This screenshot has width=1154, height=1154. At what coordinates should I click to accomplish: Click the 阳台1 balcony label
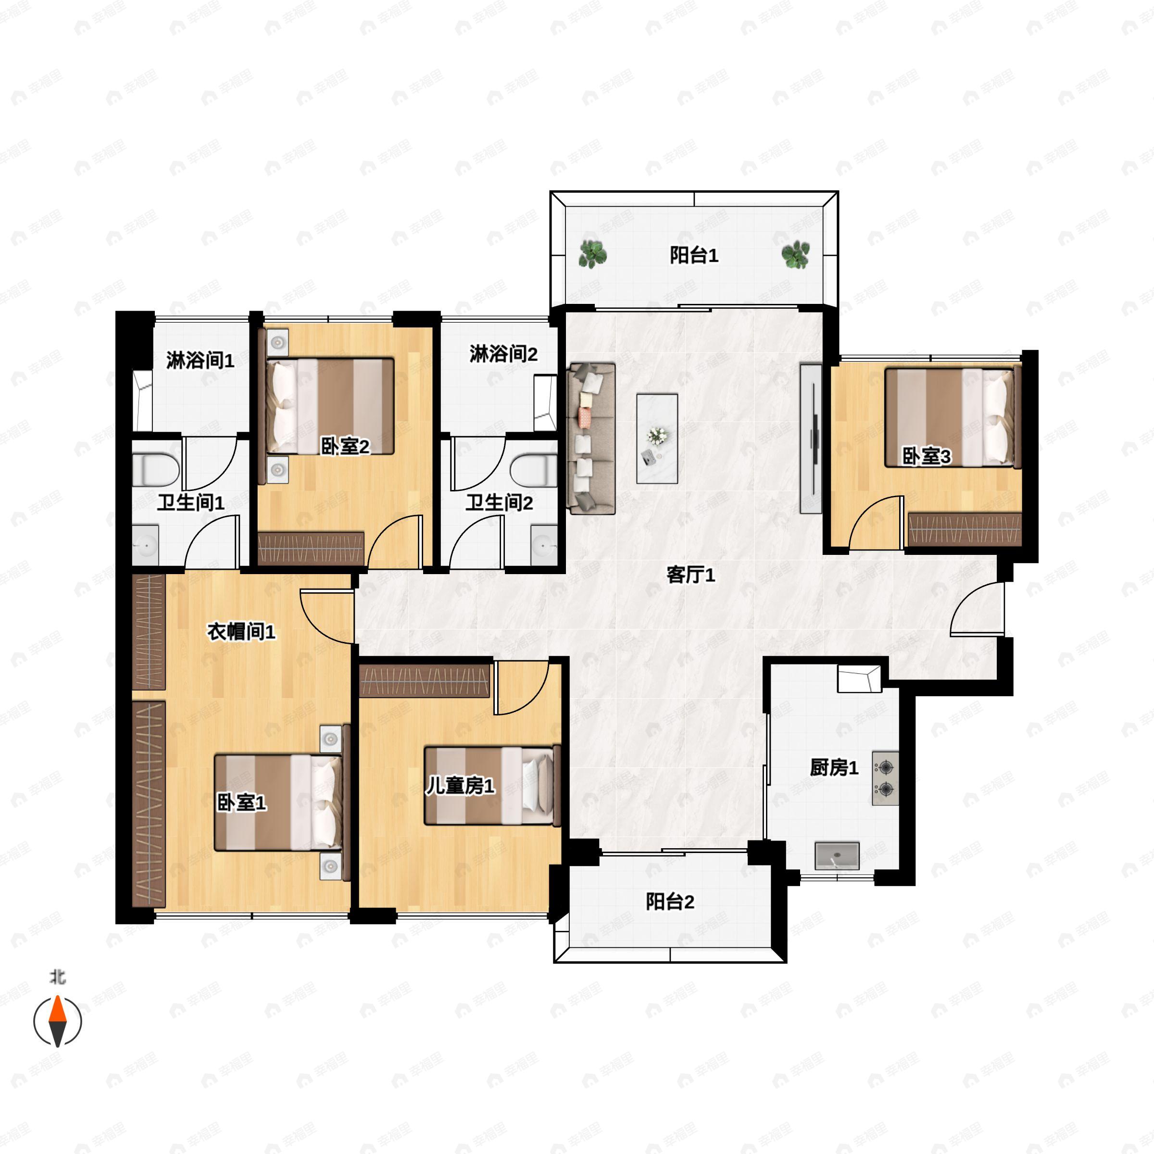click(693, 256)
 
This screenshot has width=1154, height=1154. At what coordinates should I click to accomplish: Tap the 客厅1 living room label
click(690, 575)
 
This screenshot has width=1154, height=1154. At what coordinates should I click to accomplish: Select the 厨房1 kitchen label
click(834, 767)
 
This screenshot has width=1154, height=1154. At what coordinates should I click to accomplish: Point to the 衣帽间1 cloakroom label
click(241, 631)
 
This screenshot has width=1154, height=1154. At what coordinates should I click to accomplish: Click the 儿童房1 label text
click(460, 786)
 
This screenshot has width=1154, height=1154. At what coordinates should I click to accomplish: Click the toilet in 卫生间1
click(155, 469)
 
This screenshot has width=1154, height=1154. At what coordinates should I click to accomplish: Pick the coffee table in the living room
click(657, 439)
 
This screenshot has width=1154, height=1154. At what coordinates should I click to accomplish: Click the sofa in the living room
click(592, 439)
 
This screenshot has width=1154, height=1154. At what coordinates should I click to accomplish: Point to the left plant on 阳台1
click(593, 254)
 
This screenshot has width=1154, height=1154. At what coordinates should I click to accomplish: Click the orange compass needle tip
click(57, 996)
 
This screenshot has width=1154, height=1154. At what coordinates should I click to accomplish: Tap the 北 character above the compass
click(58, 977)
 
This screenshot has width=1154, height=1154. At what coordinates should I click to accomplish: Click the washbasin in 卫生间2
click(544, 545)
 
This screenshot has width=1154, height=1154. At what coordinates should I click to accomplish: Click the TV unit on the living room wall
click(811, 439)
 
